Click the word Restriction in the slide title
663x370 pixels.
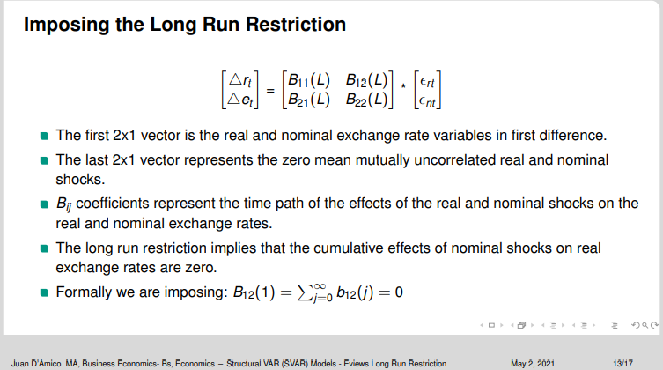point(296,24)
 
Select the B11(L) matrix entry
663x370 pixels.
point(309,80)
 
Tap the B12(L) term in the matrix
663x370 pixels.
point(366,80)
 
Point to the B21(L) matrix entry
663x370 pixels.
point(309,100)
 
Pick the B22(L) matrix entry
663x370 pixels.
point(366,100)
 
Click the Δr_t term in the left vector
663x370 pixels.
point(240,80)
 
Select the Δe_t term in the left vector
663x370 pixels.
point(240,100)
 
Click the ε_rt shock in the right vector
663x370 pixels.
point(427,82)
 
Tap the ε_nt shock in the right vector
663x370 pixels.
point(427,101)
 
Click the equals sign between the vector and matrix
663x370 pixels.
point(270,91)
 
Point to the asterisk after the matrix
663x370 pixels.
point(403,85)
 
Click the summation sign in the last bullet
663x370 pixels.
point(305,292)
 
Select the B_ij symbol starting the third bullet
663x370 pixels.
point(64,204)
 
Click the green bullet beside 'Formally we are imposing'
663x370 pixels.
point(44,292)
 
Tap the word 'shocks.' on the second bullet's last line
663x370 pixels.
point(80,180)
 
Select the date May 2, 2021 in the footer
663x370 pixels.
point(533,364)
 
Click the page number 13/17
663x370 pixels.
point(622,364)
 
